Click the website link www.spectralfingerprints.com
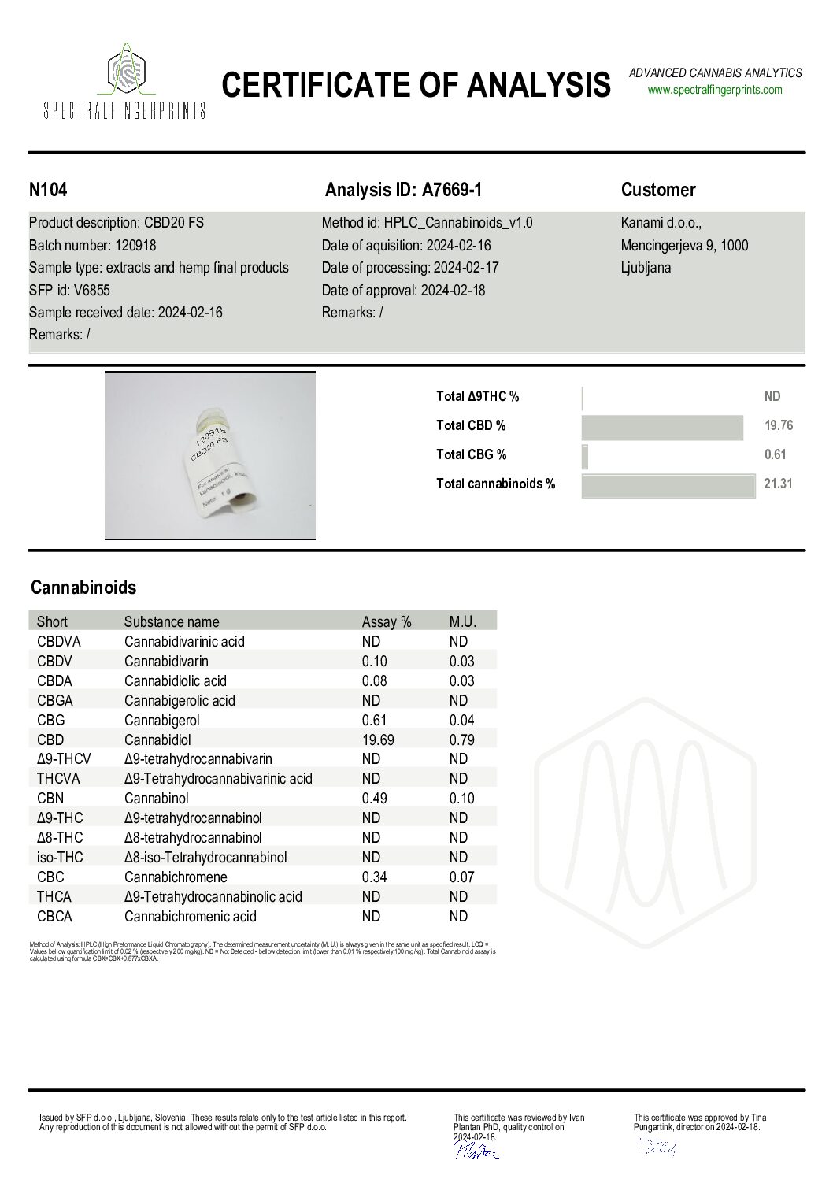[715, 90]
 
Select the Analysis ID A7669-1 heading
[403, 190]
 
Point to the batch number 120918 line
[92, 245]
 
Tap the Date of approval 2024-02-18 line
[403, 290]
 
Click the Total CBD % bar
[662, 426]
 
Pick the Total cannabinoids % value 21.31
[778, 484]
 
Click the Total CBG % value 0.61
[775, 454]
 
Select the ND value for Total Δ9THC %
[772, 397]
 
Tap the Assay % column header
[386, 621]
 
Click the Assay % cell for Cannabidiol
[378, 740]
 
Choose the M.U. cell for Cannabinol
[461, 798]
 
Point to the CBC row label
[50, 877]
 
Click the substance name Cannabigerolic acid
[180, 700]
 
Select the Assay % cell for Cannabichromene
[374, 877]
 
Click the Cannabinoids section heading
[83, 588]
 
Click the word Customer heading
[658, 190]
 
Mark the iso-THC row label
[59, 857]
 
